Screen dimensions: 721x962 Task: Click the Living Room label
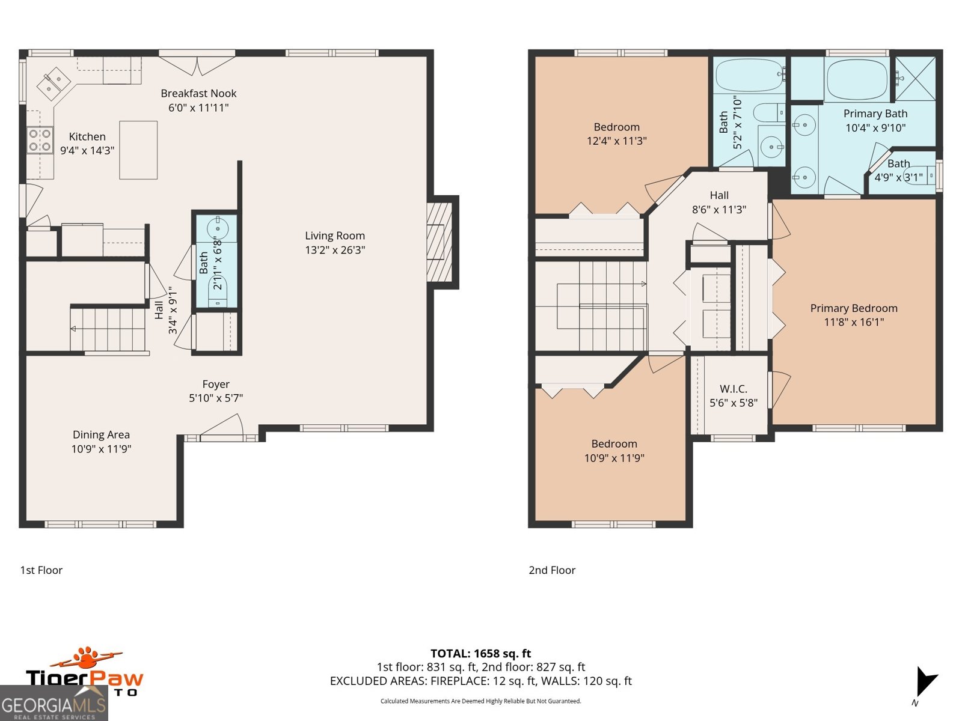(334, 236)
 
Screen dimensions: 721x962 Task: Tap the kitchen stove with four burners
(40, 140)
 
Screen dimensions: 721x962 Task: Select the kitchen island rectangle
(138, 150)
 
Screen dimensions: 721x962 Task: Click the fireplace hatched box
(440, 242)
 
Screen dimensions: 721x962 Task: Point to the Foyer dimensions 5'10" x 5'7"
(216, 398)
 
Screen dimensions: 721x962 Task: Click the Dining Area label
(101, 434)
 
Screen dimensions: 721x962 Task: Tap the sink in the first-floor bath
(216, 228)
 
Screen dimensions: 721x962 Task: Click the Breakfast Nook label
(198, 94)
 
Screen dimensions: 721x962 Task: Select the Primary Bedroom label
(853, 308)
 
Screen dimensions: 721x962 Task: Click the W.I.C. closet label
(733, 389)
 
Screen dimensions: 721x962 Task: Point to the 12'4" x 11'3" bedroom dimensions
(616, 141)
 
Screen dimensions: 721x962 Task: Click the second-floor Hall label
(718, 195)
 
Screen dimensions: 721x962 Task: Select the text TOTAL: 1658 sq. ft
(480, 653)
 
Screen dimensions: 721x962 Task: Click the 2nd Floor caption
(551, 570)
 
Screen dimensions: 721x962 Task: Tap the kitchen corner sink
(54, 83)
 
